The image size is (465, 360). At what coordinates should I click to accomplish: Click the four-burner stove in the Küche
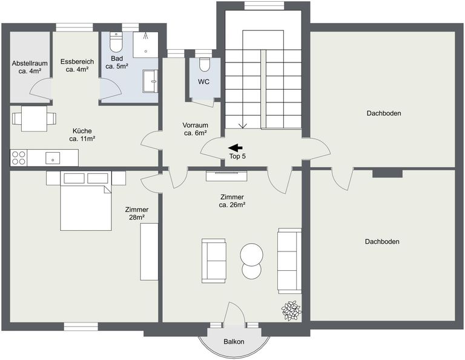(x=18, y=158)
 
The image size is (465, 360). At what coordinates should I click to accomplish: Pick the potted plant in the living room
(x=291, y=310)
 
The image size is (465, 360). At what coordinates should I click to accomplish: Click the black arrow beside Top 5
(x=235, y=147)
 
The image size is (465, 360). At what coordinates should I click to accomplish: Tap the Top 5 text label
(x=237, y=156)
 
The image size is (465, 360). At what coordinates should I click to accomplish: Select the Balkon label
(x=234, y=342)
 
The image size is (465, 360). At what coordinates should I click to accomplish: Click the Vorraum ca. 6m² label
(x=196, y=129)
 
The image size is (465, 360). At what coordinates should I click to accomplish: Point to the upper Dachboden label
(x=383, y=113)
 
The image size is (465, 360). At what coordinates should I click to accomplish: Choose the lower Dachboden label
(x=381, y=241)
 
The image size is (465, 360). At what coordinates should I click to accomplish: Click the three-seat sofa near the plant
(x=289, y=259)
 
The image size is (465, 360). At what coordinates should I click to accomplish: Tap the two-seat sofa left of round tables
(x=213, y=260)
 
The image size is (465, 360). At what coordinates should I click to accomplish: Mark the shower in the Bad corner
(x=146, y=44)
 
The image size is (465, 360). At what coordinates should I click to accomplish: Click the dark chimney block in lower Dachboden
(x=387, y=173)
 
